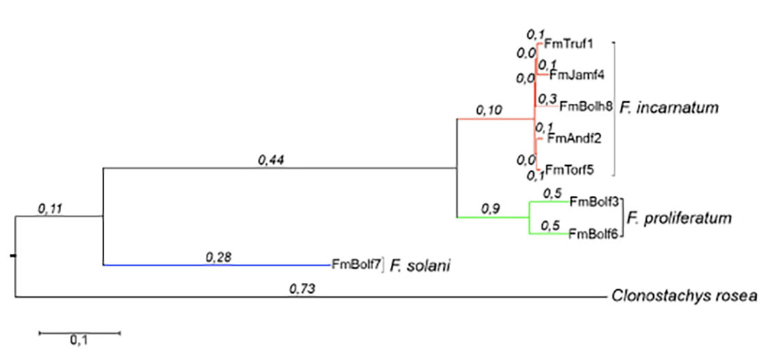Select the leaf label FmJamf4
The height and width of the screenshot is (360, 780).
[x=572, y=75]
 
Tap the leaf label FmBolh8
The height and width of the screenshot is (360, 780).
[x=587, y=106]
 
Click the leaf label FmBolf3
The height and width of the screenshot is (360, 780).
[x=593, y=202]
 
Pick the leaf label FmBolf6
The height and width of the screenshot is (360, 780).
[x=593, y=234]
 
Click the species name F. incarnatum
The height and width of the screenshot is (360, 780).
[x=670, y=108]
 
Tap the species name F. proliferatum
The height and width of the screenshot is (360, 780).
[x=679, y=218]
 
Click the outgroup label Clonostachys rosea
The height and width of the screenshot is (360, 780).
[x=684, y=296]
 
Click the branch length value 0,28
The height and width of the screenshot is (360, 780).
[x=218, y=257]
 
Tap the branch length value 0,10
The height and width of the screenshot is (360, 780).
[x=489, y=110]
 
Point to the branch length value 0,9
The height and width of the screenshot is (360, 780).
[x=489, y=209]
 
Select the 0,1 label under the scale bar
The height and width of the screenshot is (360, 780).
[x=80, y=341]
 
